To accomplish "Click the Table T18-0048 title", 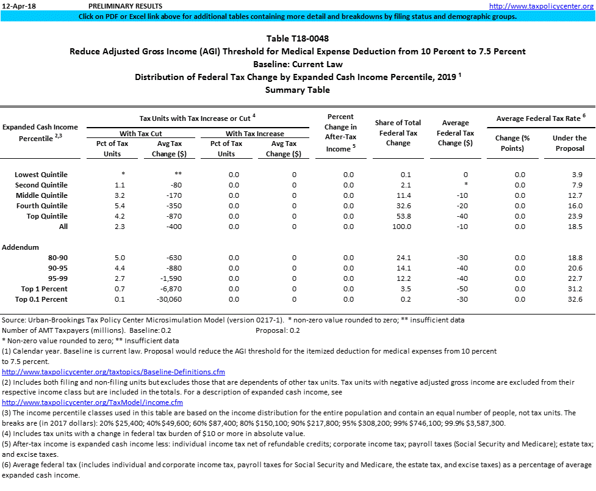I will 297,38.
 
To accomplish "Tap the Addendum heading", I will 21,247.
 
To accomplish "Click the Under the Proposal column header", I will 569,143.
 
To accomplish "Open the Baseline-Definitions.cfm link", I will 113,371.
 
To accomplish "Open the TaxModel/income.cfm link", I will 92,402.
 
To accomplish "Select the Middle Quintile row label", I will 42,195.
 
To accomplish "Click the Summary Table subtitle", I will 297,90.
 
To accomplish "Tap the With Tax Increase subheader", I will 254,133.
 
